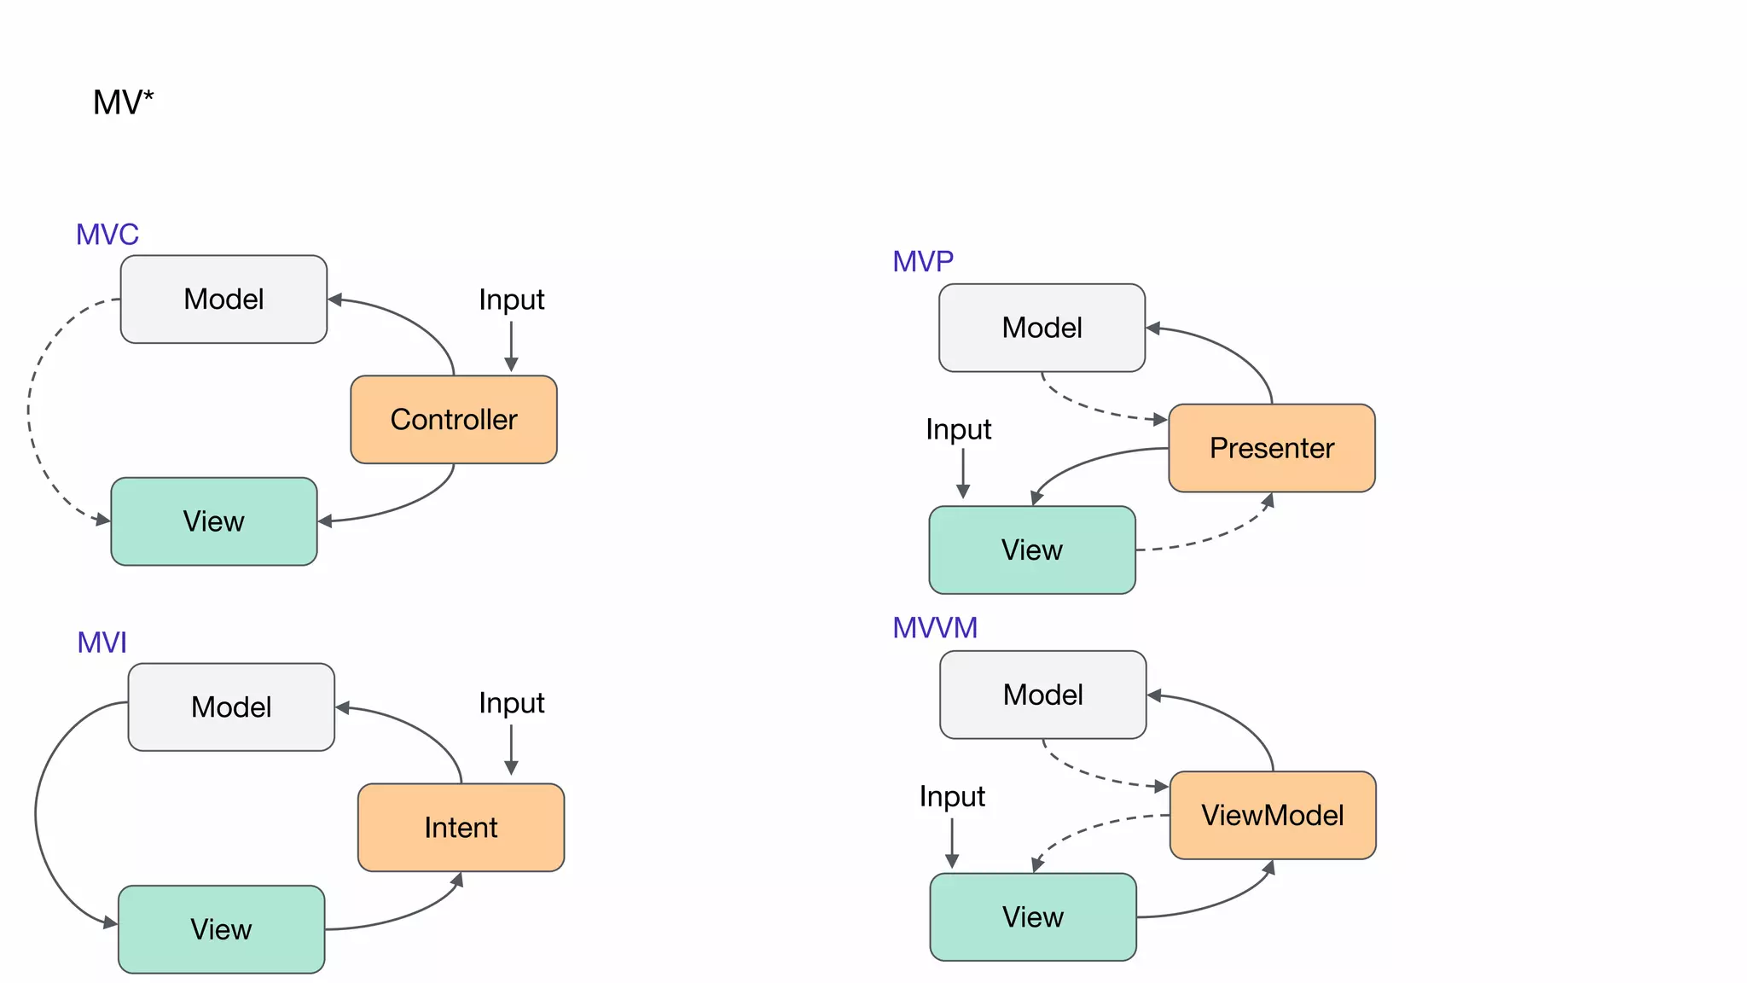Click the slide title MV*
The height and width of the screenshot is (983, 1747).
click(x=123, y=103)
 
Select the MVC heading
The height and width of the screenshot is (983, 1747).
click(x=107, y=235)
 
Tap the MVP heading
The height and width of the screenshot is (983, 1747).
click(x=923, y=261)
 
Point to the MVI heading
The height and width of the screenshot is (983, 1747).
click(x=102, y=643)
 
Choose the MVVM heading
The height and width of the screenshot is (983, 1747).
click(x=935, y=628)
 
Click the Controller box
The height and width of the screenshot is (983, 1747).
click(x=454, y=420)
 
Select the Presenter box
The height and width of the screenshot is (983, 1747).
click(x=1271, y=448)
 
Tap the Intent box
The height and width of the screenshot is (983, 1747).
click(x=461, y=828)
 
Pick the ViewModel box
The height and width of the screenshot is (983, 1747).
click(x=1272, y=816)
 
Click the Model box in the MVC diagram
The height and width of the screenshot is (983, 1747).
click(x=223, y=300)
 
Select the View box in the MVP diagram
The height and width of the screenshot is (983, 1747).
click(x=1032, y=550)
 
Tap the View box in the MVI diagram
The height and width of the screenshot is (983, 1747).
click(x=221, y=929)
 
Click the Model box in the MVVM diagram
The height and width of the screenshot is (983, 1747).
click(x=1042, y=695)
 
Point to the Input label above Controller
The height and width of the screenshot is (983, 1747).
click(x=511, y=300)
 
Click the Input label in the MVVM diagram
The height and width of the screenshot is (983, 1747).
click(x=952, y=797)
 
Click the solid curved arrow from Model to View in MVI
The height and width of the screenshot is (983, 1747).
click(x=37, y=815)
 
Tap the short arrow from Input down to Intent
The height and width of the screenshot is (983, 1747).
click(x=511, y=749)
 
